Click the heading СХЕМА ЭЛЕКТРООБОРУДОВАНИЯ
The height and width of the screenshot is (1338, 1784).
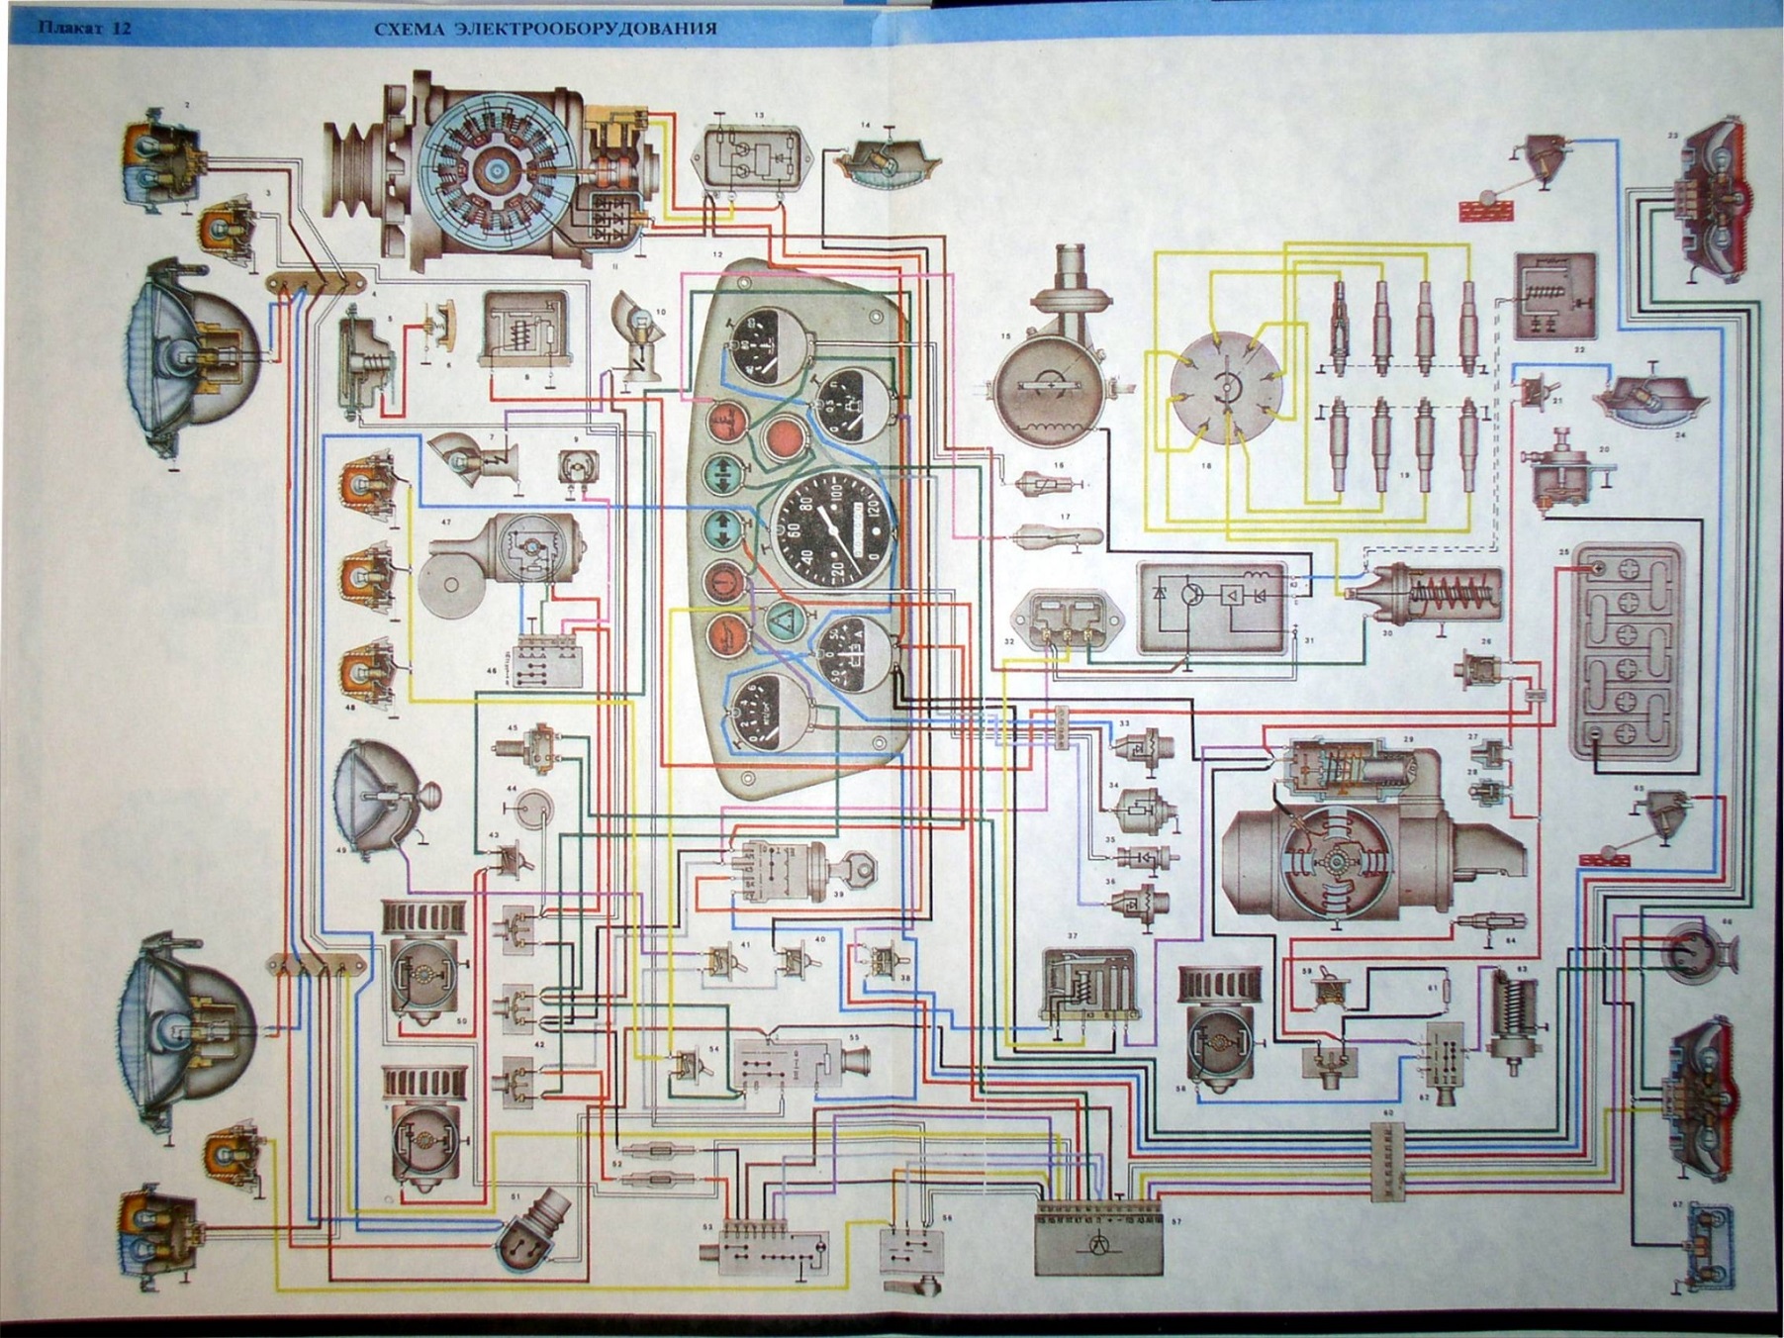[x=544, y=29]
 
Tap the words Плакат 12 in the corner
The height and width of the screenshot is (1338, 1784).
[x=84, y=28]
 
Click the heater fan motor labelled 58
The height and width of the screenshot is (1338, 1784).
[x=1224, y=1029]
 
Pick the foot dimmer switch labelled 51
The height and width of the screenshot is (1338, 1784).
[x=533, y=1226]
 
